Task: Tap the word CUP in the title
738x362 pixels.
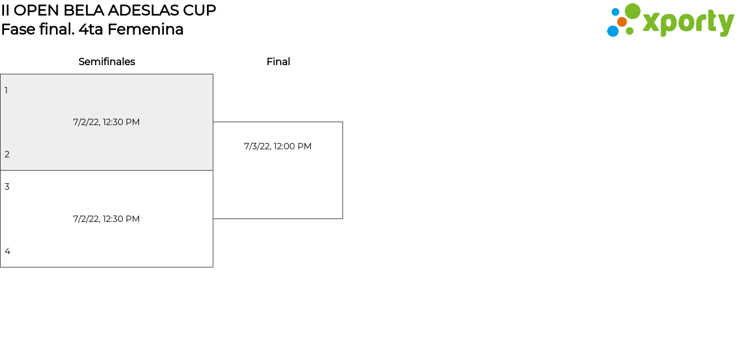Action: [200, 10]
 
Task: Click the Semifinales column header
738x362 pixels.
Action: [107, 62]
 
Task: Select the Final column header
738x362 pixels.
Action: [278, 62]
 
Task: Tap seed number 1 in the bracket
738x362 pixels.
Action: [6, 90]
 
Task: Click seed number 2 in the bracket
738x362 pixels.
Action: [7, 154]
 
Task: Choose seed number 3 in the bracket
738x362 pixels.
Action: [7, 187]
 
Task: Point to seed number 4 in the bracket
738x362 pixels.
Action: [7, 251]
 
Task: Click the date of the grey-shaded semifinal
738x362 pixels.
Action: [106, 122]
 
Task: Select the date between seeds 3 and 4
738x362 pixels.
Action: [106, 219]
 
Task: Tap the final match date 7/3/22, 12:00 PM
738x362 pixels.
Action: [277, 146]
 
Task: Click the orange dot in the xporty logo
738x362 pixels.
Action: [622, 22]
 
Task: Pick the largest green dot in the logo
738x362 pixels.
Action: [632, 12]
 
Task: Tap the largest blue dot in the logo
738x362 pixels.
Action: [613, 31]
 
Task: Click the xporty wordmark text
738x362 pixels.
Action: [688, 23]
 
